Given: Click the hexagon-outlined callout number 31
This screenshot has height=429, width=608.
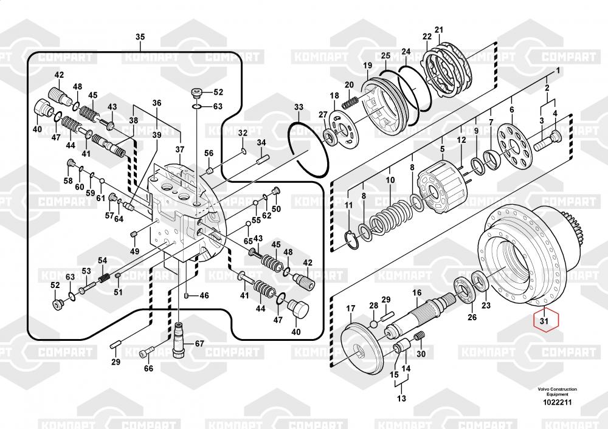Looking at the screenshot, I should [544, 320].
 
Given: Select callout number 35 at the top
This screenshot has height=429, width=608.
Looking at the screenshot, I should [140, 38].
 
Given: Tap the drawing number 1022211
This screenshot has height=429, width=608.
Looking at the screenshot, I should [557, 401].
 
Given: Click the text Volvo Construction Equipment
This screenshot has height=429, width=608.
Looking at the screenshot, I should [557, 391].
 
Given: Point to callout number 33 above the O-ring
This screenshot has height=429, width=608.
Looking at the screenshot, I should [298, 108].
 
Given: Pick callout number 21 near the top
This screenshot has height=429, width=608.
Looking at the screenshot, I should [438, 30].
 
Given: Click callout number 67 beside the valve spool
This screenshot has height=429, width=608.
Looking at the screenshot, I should [199, 343].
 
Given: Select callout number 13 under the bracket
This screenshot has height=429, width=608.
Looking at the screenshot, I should [401, 399].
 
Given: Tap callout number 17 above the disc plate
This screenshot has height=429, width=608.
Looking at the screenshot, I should [351, 309].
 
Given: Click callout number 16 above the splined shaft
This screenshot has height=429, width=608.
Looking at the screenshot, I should [416, 293].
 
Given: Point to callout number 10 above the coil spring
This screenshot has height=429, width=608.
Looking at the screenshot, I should [390, 180].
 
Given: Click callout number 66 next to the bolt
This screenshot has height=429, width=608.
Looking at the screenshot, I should [148, 368].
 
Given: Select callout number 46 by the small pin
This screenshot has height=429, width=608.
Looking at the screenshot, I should [204, 295].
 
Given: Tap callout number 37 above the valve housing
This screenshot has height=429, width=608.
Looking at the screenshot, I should [179, 149].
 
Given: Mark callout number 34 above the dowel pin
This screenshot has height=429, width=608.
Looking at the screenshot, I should [261, 143].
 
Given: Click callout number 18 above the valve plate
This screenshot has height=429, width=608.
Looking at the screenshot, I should [334, 96].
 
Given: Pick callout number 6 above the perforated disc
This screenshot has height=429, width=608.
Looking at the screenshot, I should [511, 109].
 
